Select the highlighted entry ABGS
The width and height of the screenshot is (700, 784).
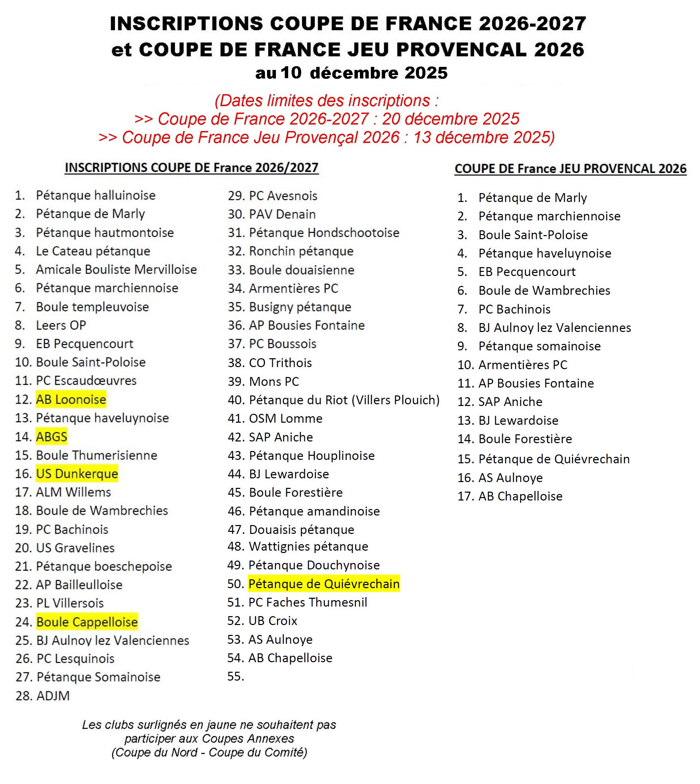(52, 437)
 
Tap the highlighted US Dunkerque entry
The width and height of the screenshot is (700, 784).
(77, 474)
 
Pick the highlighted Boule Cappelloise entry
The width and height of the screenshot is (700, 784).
(87, 622)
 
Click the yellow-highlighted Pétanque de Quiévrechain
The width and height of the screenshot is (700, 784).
(324, 584)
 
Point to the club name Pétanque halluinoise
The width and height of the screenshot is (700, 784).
(96, 195)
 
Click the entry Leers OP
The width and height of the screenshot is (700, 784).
(61, 325)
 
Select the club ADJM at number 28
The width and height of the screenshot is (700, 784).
(53, 696)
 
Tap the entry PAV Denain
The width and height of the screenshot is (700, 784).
(282, 214)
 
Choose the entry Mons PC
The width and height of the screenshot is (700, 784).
(274, 382)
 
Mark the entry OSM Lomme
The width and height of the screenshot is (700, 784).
(285, 419)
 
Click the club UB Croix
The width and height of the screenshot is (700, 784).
(273, 621)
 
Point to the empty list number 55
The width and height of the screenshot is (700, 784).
(235, 677)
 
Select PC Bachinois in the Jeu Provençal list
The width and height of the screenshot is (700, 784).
(514, 309)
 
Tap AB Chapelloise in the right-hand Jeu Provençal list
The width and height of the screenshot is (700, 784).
(520, 496)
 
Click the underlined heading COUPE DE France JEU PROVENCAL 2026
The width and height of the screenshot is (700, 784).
(570, 169)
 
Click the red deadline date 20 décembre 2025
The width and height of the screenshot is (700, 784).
(450, 119)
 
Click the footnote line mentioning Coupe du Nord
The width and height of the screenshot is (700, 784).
(209, 752)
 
